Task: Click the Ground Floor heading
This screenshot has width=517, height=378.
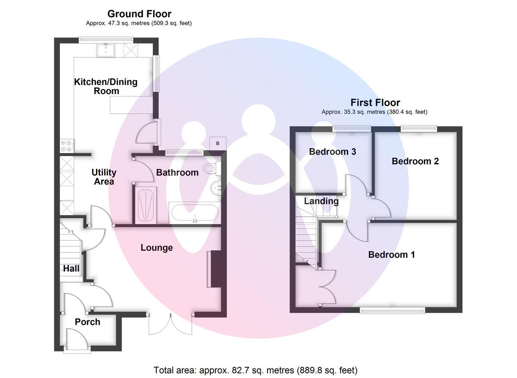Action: coord(139,14)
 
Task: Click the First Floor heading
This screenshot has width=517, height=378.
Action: coord(375,103)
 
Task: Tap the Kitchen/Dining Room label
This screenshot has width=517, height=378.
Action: coord(106,86)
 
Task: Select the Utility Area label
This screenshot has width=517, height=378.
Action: coord(104,177)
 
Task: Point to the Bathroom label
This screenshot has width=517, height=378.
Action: coord(177,172)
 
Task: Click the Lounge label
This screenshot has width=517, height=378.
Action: coord(157,248)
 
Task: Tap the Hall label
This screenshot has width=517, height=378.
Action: coord(72,269)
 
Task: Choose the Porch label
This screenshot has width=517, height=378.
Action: coord(87,322)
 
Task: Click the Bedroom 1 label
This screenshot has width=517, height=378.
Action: coord(391,255)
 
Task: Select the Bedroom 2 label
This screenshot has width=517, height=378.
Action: coord(415,161)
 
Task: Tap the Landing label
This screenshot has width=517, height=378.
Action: coord(321,201)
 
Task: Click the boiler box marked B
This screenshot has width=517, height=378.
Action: coord(218,143)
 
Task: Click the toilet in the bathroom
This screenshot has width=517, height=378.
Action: coord(212,168)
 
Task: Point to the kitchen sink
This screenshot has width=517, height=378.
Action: coord(106,50)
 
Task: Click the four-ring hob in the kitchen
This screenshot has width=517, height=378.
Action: coord(67,146)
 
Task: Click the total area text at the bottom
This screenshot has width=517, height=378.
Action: coord(255,370)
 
